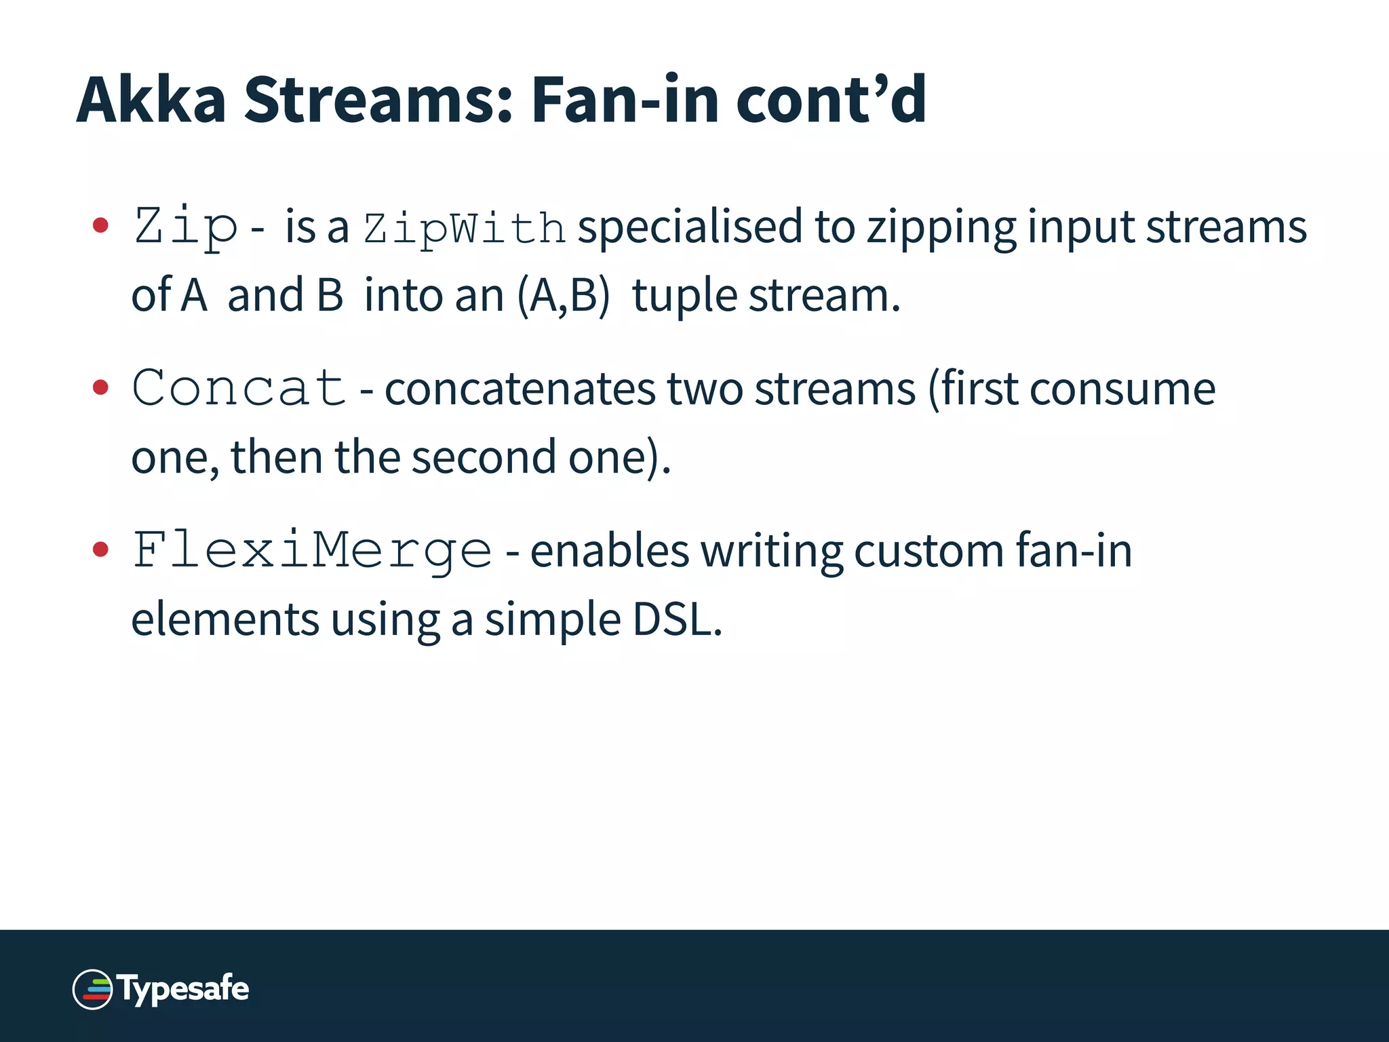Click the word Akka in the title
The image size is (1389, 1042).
(151, 100)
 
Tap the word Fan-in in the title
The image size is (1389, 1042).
(624, 100)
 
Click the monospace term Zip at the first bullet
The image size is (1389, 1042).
(186, 227)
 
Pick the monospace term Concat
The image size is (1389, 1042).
(239, 388)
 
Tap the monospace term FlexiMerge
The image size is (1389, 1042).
(312, 550)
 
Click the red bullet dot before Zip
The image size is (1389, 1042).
(100, 225)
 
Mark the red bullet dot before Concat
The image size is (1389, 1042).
(100, 387)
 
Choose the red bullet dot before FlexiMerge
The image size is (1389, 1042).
(100, 549)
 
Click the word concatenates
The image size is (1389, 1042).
(520, 389)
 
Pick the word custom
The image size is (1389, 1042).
(928, 551)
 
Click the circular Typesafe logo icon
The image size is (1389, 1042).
(92, 989)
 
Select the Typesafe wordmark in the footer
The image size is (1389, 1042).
(183, 989)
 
